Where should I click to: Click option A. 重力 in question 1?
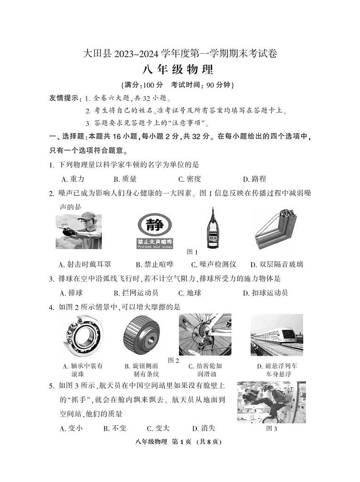73,179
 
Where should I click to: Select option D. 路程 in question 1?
255,179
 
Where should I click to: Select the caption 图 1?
193,252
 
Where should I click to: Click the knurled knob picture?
141,335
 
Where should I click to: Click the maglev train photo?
277,335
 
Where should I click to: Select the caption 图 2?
174,361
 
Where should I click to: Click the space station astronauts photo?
271,402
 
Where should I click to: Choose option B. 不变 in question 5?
115,428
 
